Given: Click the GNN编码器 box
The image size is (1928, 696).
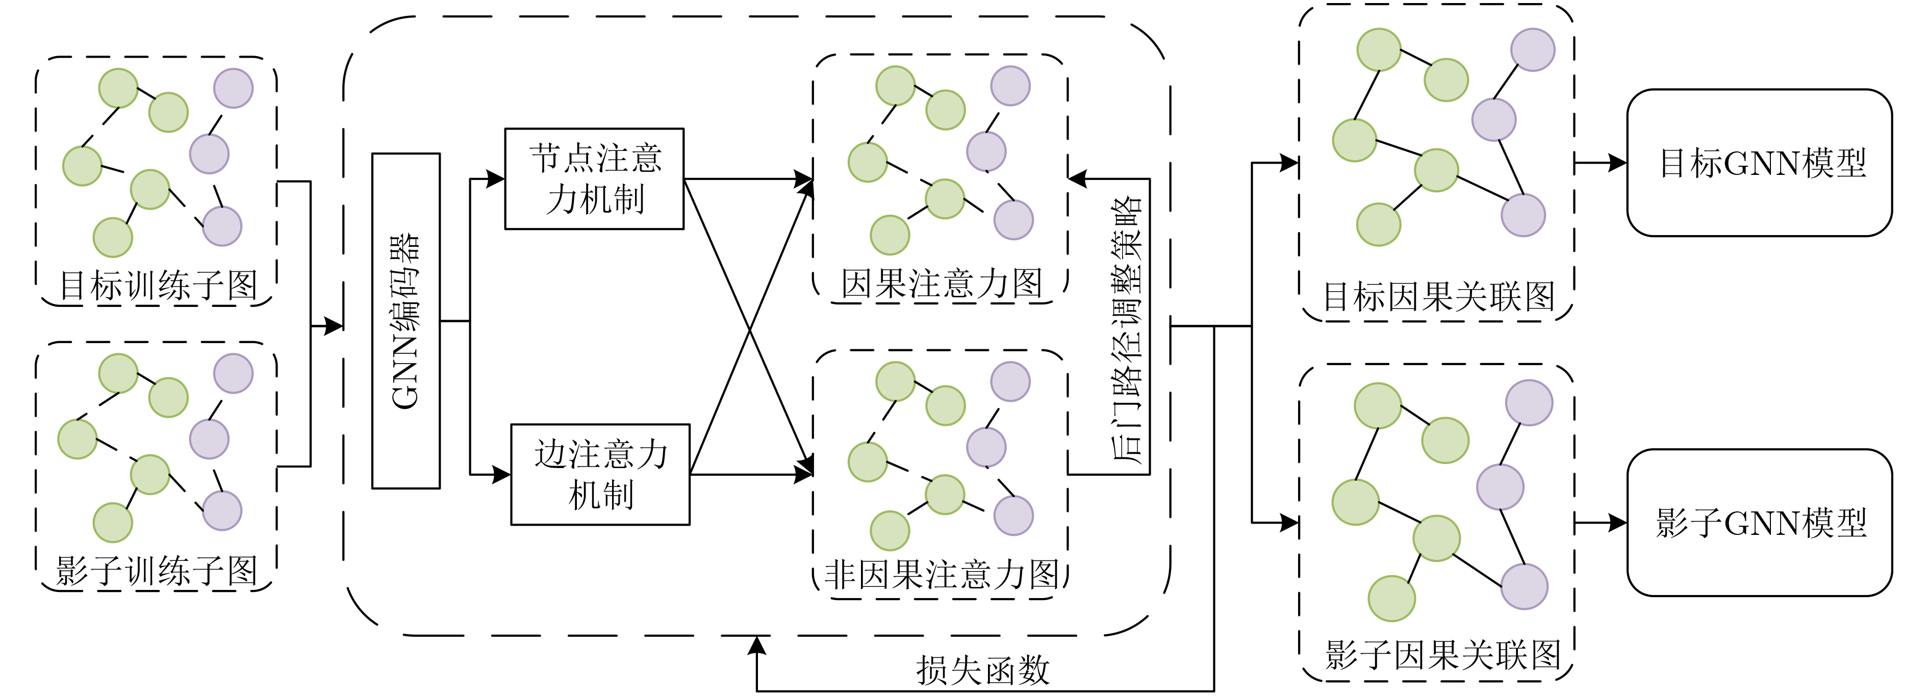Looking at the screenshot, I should coord(405,321).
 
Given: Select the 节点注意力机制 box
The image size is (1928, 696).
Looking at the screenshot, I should coord(594,179).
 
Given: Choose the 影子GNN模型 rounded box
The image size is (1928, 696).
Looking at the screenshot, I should coord(1760,522).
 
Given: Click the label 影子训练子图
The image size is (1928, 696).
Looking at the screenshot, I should coord(157,571).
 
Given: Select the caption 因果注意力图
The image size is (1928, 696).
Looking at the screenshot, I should coord(941,283).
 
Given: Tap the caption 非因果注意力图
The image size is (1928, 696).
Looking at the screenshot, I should coord(941,575).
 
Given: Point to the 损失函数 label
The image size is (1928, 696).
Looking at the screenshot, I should coord(983,670).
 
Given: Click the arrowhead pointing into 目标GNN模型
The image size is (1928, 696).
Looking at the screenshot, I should coord(1618,162).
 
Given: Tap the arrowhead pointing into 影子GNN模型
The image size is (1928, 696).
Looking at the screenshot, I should coord(1618,522).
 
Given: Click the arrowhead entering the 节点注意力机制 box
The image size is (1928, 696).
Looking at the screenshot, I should coord(496,179).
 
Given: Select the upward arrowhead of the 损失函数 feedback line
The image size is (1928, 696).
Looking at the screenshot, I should coord(757,645).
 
